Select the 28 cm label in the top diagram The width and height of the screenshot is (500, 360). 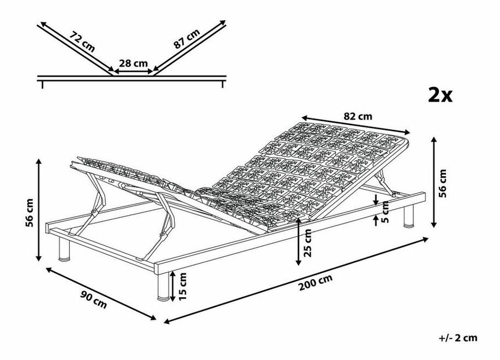(133, 63)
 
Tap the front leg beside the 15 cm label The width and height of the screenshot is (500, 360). (162, 286)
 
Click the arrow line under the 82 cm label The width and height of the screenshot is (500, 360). (356, 124)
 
